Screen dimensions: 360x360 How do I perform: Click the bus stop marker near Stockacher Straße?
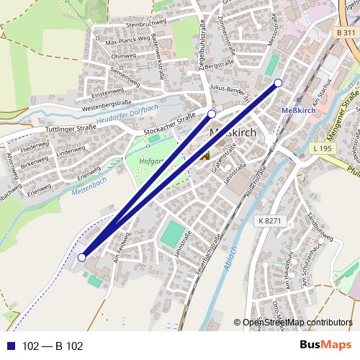212,114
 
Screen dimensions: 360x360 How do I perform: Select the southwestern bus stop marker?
82,257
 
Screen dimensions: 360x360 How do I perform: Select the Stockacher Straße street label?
170,125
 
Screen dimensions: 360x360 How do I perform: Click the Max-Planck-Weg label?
126,42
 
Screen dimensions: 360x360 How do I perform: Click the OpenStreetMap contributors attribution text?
297,323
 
